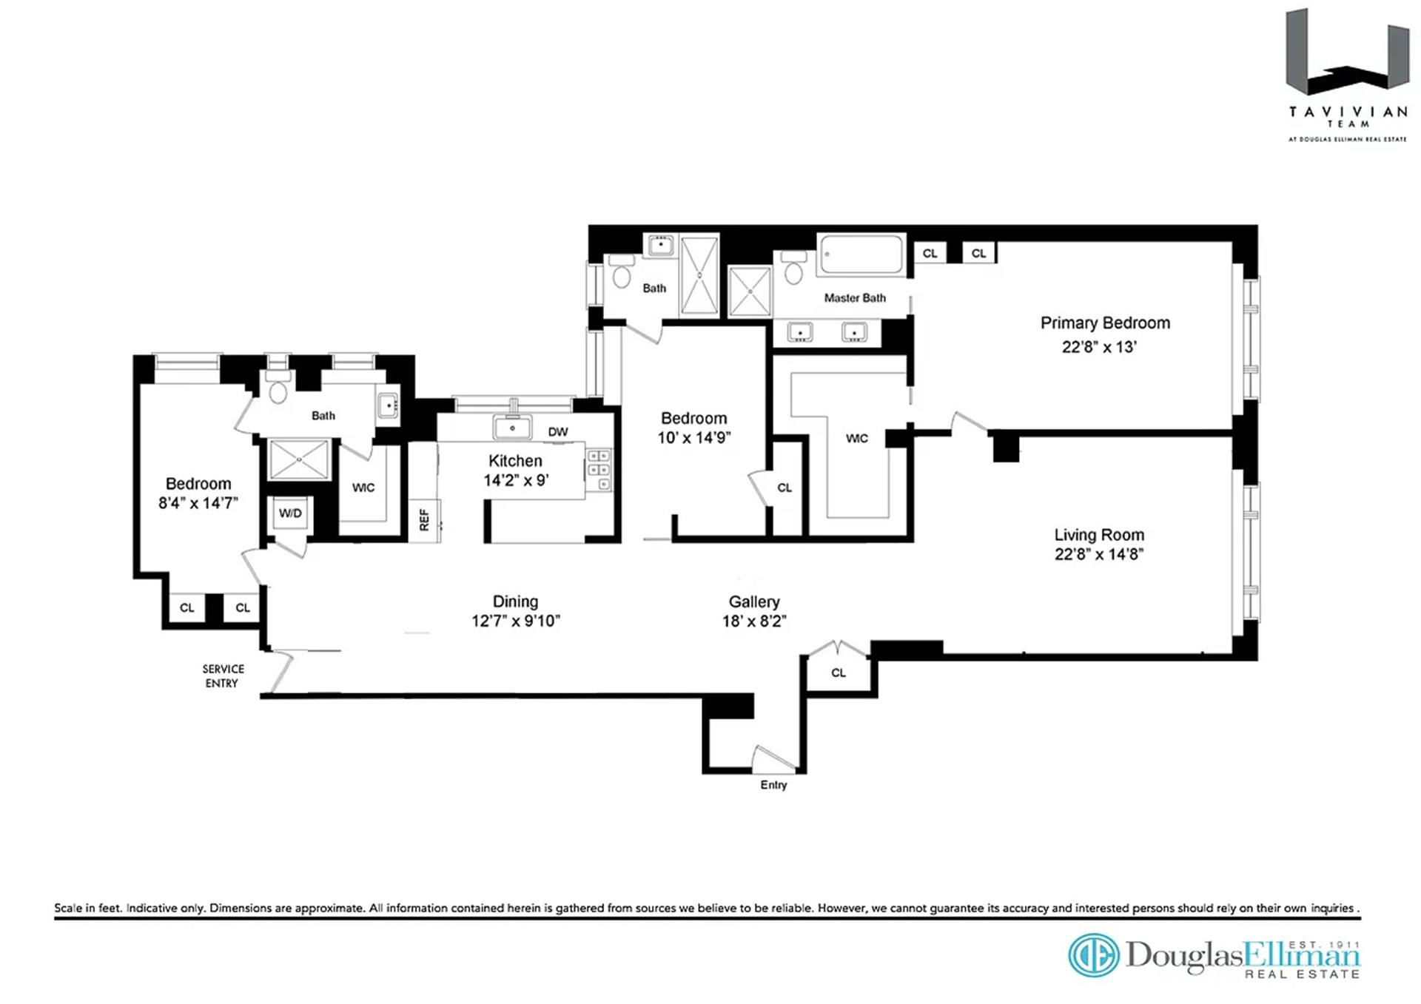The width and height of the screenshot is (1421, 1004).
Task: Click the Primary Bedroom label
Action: tap(1104, 323)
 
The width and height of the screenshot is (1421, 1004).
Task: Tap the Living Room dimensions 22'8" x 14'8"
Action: tap(1098, 555)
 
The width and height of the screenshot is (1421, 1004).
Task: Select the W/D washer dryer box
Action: tap(290, 513)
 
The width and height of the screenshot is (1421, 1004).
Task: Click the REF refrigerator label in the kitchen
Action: tap(424, 519)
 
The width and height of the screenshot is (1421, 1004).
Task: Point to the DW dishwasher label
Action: tap(558, 432)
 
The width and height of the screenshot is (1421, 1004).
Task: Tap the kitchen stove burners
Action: tap(599, 470)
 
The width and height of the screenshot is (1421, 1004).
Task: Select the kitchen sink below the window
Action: tap(511, 428)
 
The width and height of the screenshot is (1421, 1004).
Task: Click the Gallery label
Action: tap(753, 602)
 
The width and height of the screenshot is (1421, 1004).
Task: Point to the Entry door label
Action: tap(773, 785)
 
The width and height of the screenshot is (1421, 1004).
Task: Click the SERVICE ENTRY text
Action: tap(223, 676)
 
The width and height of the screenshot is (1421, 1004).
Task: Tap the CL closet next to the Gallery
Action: tap(838, 673)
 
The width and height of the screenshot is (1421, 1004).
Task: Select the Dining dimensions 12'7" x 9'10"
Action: tap(515, 621)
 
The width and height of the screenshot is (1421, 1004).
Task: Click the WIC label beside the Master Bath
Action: tap(856, 439)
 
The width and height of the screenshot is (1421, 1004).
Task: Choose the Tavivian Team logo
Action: tap(1347, 74)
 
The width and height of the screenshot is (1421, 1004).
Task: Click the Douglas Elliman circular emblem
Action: tap(1093, 955)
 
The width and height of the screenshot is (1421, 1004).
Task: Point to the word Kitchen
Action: tap(515, 461)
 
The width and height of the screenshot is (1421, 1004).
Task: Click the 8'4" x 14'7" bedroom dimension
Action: tap(198, 504)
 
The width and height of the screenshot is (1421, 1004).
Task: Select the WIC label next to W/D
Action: tap(363, 488)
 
